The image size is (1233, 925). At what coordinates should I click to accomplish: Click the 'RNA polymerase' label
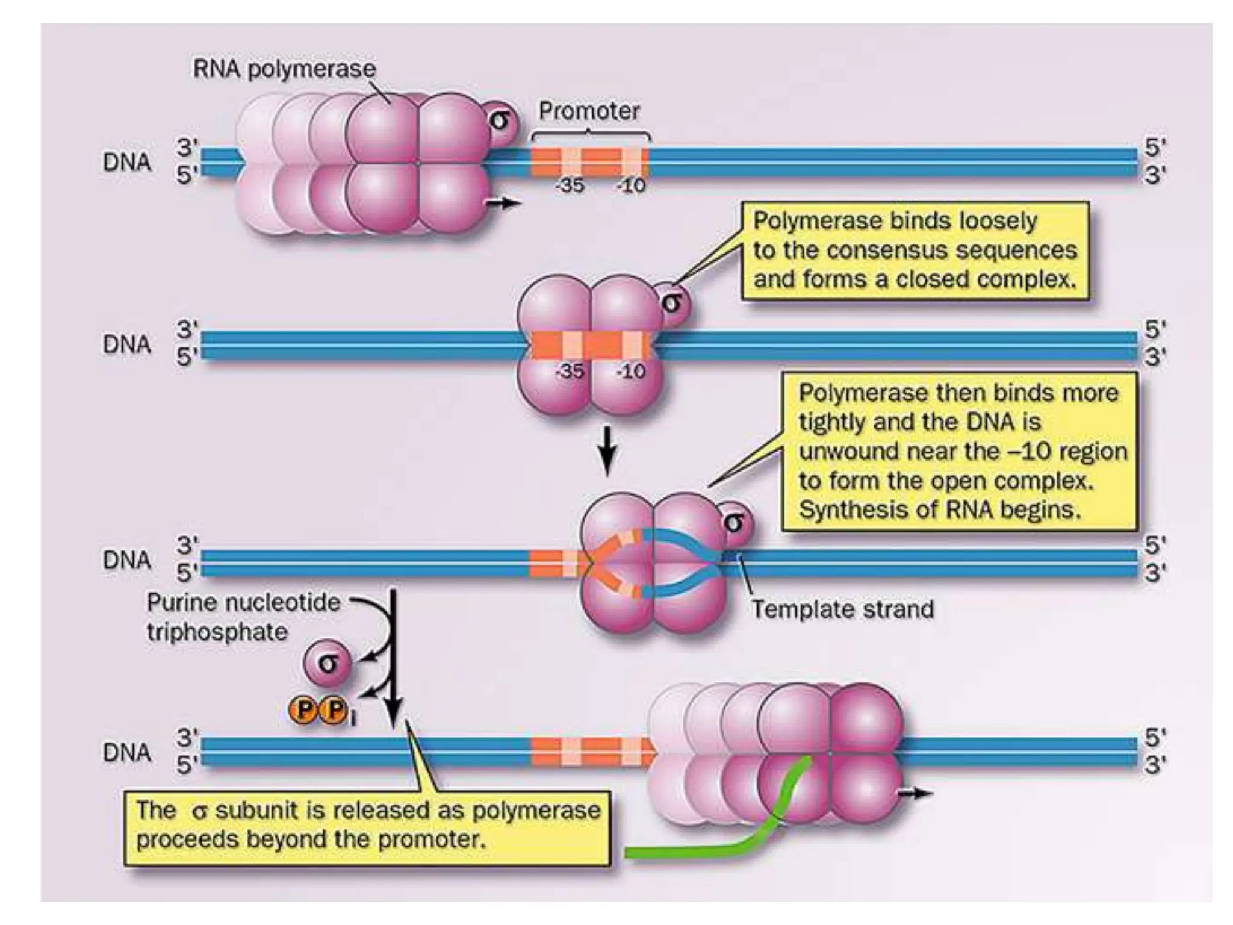pyautogui.click(x=284, y=69)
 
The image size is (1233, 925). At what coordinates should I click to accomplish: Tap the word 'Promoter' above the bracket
pyautogui.click(x=588, y=111)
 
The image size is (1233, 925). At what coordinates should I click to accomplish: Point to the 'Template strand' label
pyautogui.click(x=842, y=609)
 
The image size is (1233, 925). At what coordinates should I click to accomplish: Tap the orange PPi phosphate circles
pyautogui.click(x=320, y=711)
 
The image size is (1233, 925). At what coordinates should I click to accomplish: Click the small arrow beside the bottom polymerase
pyautogui.click(x=915, y=794)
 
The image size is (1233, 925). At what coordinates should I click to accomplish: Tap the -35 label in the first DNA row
pyautogui.click(x=570, y=185)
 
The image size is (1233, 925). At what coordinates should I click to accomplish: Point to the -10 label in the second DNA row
pyautogui.click(x=630, y=372)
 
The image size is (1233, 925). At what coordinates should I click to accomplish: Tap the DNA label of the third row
pyautogui.click(x=126, y=560)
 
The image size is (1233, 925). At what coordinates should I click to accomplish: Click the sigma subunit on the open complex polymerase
pyautogui.click(x=735, y=522)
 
